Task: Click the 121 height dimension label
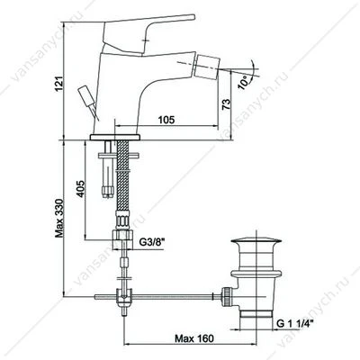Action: point(59,84)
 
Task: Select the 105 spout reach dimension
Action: point(166,120)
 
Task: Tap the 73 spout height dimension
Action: point(227,103)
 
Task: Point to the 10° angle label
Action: point(244,82)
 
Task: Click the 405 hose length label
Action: point(81,189)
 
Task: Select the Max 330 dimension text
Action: point(59,218)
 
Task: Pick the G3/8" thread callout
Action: point(153,242)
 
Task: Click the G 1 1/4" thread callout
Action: point(294,324)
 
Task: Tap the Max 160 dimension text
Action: point(194,338)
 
